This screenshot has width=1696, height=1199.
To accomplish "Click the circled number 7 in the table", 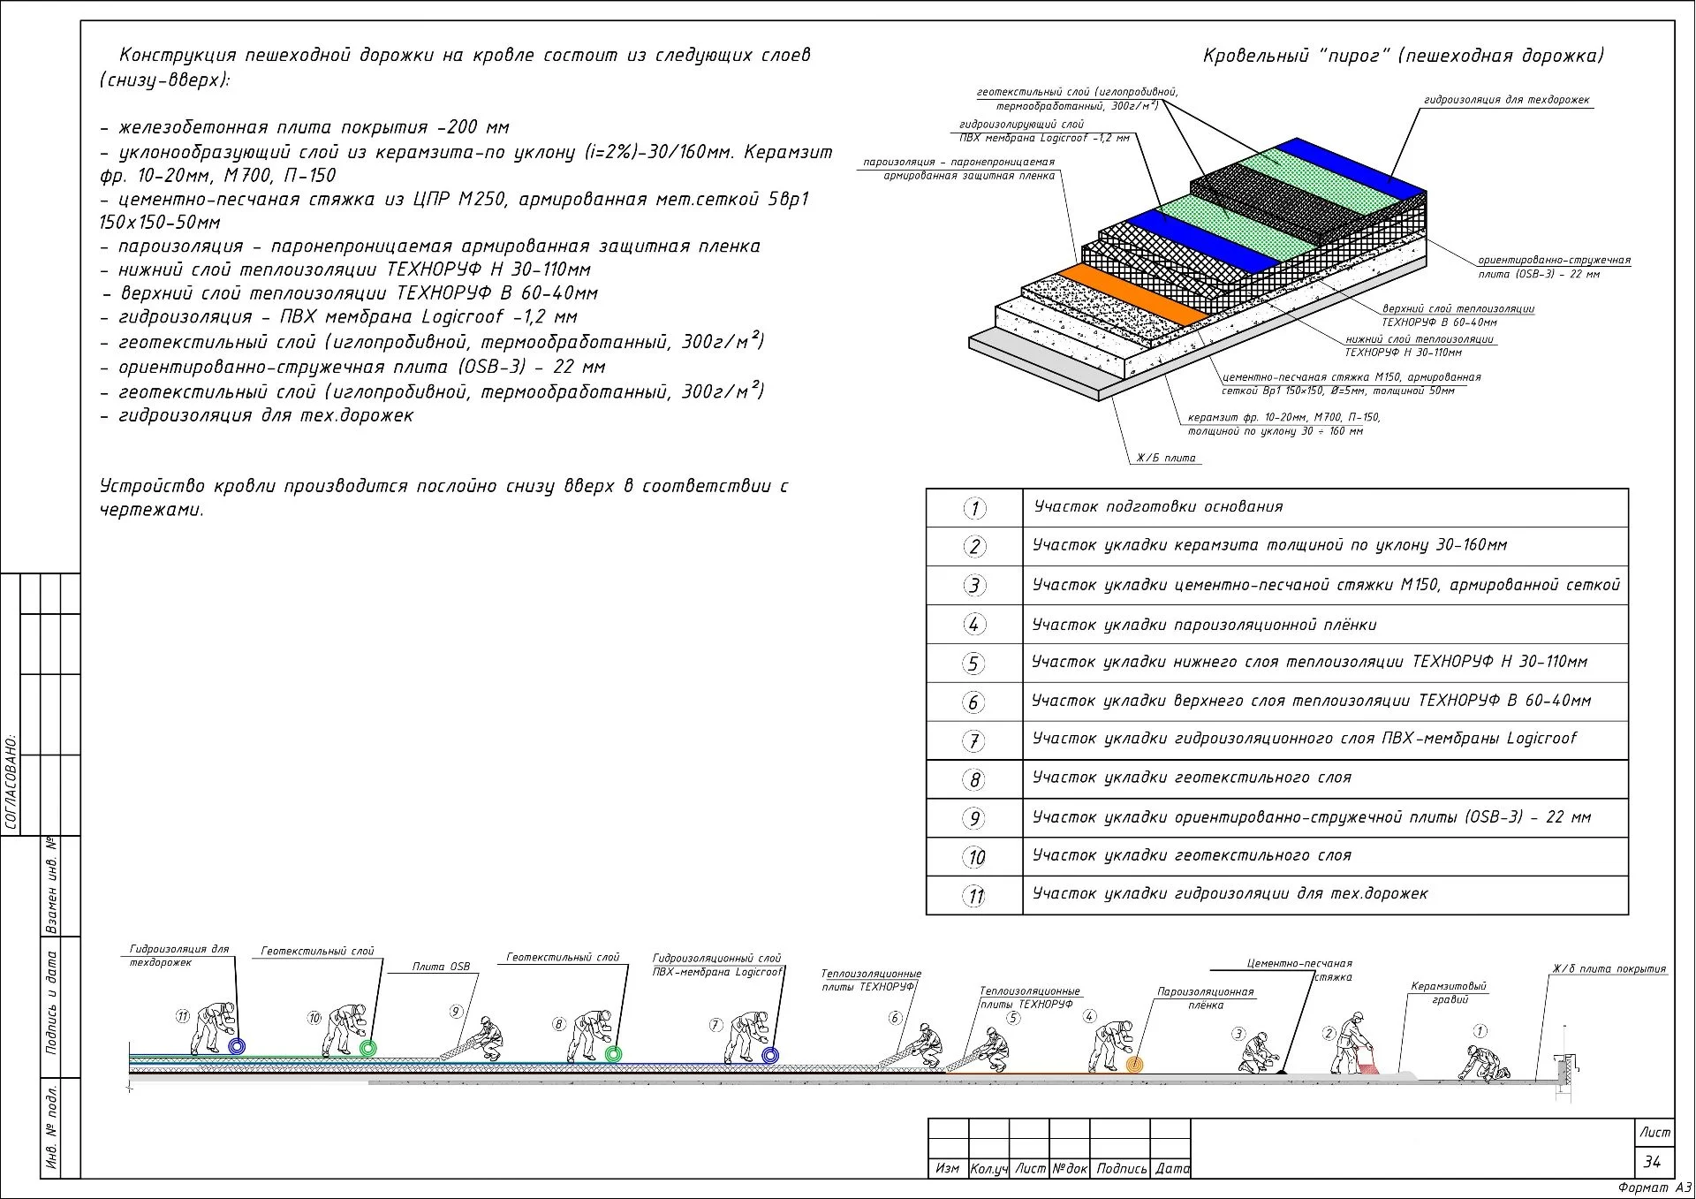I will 973,740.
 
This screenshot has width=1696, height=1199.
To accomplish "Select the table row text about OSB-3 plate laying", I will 1311,817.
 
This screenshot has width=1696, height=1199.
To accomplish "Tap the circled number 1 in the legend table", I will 973,508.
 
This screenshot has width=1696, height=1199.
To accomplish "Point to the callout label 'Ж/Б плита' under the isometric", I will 1165,458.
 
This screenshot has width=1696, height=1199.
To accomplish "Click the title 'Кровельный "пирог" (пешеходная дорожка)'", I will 1403,56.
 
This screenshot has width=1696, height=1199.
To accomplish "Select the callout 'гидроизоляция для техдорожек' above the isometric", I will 1506,100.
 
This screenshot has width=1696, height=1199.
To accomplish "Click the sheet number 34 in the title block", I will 1652,1162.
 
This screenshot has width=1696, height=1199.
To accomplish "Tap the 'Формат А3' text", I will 1654,1188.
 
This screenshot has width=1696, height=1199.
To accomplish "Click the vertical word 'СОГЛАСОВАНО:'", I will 11,781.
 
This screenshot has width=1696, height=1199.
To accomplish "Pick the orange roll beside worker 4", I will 1134,1065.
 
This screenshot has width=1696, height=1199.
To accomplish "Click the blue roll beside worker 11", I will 236,1047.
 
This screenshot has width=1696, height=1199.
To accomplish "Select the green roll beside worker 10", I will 367,1049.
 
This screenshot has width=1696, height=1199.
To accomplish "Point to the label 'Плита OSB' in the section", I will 441,967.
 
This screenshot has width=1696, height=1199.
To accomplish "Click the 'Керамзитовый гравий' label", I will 1449,992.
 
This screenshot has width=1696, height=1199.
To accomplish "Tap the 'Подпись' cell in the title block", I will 1121,1168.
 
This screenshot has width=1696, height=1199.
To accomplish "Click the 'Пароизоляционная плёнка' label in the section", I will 1205,998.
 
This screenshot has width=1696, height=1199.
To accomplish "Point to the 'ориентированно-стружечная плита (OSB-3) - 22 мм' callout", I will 1553,267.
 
